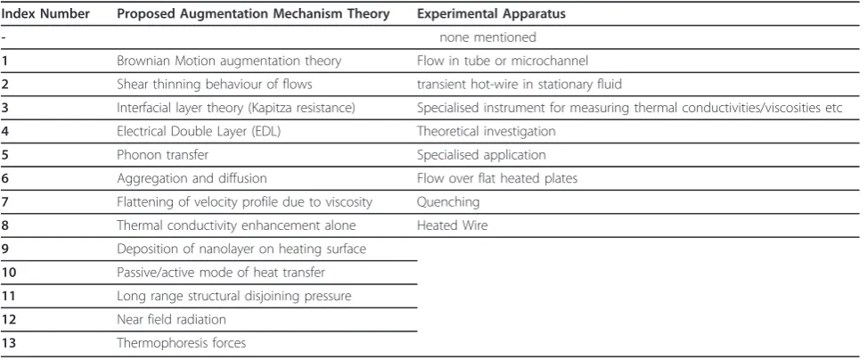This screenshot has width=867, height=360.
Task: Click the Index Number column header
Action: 45,14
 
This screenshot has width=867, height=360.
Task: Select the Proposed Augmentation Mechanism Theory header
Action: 253,14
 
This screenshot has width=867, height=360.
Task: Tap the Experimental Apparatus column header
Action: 492,14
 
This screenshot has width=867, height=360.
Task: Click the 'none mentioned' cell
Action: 487,37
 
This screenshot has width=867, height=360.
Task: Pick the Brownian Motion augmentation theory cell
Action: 229,61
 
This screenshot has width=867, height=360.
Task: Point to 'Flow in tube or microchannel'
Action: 503,61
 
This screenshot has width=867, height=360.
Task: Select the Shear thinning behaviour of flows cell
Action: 215,84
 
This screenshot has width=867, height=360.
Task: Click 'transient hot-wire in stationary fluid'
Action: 519,84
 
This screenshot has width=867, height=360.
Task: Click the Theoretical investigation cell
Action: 486,131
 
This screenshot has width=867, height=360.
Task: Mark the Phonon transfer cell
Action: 162,155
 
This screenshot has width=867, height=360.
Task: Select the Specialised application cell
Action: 481,155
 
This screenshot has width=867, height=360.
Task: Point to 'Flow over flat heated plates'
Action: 497,178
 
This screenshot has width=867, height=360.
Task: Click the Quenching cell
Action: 448,202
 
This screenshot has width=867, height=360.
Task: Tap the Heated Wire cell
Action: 453,225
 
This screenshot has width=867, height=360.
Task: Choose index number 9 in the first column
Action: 5,249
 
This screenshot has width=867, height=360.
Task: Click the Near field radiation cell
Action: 171,319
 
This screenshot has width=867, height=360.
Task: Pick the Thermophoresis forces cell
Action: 182,343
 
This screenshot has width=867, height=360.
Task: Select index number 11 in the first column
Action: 8,296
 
